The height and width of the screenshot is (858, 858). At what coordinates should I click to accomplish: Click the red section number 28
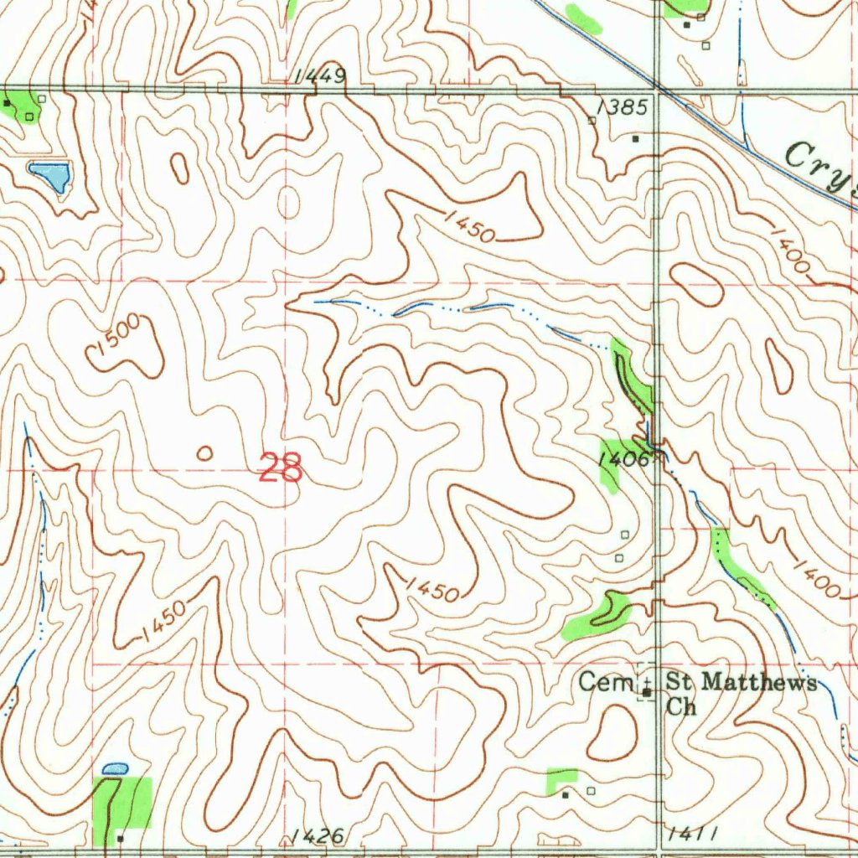point(281,468)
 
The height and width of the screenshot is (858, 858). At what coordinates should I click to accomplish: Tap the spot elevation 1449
point(319,77)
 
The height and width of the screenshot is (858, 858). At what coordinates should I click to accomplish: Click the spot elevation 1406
point(624,458)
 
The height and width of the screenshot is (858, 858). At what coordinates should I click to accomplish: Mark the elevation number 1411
point(694,834)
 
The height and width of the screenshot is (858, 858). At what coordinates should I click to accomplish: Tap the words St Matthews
point(741,682)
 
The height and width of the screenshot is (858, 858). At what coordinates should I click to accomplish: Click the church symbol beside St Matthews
point(647,692)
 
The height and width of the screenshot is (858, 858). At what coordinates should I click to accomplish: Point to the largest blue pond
point(50,176)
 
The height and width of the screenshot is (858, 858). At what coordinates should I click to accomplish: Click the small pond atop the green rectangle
point(115,768)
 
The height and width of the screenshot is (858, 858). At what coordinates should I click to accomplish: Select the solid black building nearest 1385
point(636,138)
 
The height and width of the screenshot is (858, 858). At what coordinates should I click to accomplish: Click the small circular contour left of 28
point(204,453)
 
